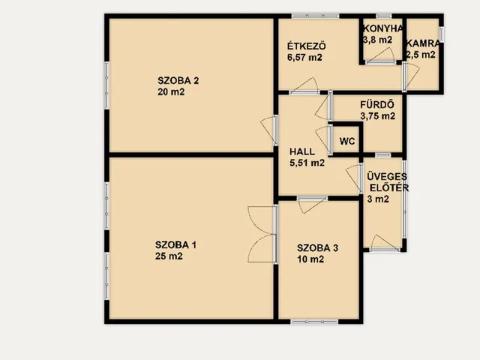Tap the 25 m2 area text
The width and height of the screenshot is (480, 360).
[x=169, y=256]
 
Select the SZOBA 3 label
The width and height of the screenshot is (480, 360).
[x=317, y=248]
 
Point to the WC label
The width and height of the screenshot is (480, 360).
[x=347, y=142]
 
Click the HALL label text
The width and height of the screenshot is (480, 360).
[x=302, y=151]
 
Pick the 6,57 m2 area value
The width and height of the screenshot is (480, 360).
[x=304, y=58]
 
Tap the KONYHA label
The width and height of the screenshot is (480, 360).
[x=382, y=28]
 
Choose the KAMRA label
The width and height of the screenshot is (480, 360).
[x=423, y=43]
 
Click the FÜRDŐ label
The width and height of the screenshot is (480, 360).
[x=377, y=105]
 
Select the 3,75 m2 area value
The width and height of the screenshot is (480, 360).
[x=377, y=116]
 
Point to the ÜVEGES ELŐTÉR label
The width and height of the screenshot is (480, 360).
[x=388, y=182]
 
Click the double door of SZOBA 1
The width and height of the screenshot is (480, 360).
[x=262, y=235]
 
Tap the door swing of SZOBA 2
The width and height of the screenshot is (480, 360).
[x=268, y=130]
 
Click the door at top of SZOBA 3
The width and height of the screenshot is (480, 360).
[x=312, y=205]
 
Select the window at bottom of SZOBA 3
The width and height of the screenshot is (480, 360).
[x=314, y=322]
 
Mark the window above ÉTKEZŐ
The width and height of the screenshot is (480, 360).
[x=315, y=16]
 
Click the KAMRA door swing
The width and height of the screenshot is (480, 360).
[x=411, y=76]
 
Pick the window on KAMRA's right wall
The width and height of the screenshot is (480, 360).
[x=442, y=34]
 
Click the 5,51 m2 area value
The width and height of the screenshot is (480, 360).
[x=307, y=163]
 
